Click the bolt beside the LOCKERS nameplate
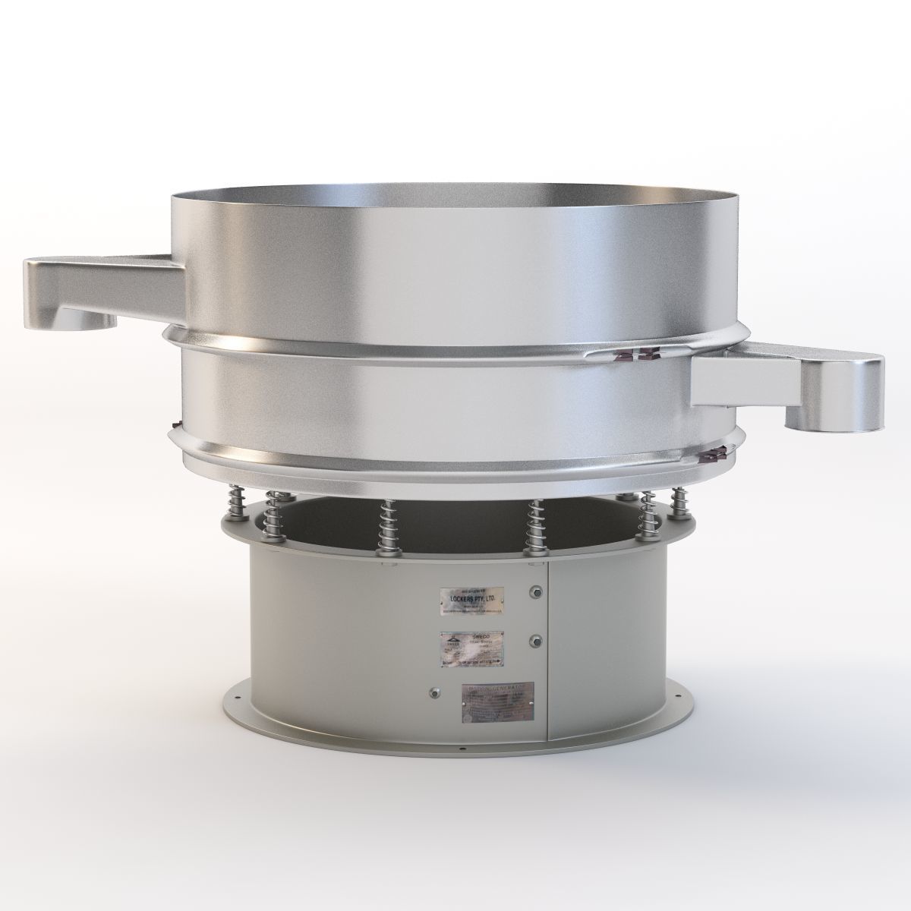coord(537,592)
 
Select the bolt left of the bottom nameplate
coord(435,691)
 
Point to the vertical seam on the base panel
coord(547,653)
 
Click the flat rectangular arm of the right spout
coord(744,379)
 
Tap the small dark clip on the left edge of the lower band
coord(176,424)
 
